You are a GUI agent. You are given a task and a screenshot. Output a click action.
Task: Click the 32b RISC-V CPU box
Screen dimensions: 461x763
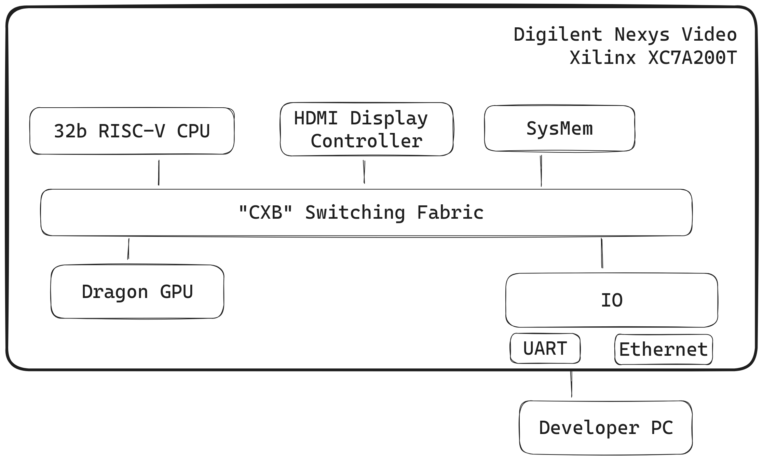pos(132,131)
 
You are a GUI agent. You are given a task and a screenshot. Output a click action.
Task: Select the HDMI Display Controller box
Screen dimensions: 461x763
pos(366,129)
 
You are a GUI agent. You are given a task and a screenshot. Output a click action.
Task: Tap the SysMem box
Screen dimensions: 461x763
pos(559,128)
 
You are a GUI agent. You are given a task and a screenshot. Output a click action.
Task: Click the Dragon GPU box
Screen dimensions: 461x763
pos(137,292)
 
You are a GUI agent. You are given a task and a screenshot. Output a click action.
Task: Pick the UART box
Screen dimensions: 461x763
pos(545,349)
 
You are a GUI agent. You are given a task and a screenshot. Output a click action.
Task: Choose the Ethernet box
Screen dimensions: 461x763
pos(663,350)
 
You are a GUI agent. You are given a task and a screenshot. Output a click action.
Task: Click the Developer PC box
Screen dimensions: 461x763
pos(605,428)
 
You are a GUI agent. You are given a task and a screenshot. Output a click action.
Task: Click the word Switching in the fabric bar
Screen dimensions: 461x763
pos(355,213)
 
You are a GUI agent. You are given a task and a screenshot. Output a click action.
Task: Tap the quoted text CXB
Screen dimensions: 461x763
pos(265,212)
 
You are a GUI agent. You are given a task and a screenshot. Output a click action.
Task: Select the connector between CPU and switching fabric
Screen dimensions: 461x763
pos(159,173)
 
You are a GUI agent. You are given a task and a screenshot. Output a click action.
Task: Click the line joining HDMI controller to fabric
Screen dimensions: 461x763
pos(364,172)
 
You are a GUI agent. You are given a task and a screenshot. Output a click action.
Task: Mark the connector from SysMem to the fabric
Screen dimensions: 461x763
pos(541,171)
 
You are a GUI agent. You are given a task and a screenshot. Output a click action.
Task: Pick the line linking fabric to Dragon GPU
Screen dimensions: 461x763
pos(128,249)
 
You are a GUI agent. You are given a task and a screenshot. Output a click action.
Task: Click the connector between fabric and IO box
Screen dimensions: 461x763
pos(602,253)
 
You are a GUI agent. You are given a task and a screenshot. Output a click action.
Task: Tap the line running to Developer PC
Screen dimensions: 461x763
pos(571,384)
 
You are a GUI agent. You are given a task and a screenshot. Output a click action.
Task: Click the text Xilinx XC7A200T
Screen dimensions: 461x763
pos(653,57)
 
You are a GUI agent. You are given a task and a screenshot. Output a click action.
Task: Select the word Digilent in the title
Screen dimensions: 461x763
pos(558,35)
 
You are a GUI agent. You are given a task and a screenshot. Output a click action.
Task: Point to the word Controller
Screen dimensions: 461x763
pos(366,141)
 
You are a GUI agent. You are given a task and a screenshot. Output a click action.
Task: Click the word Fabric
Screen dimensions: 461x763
pos(450,212)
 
